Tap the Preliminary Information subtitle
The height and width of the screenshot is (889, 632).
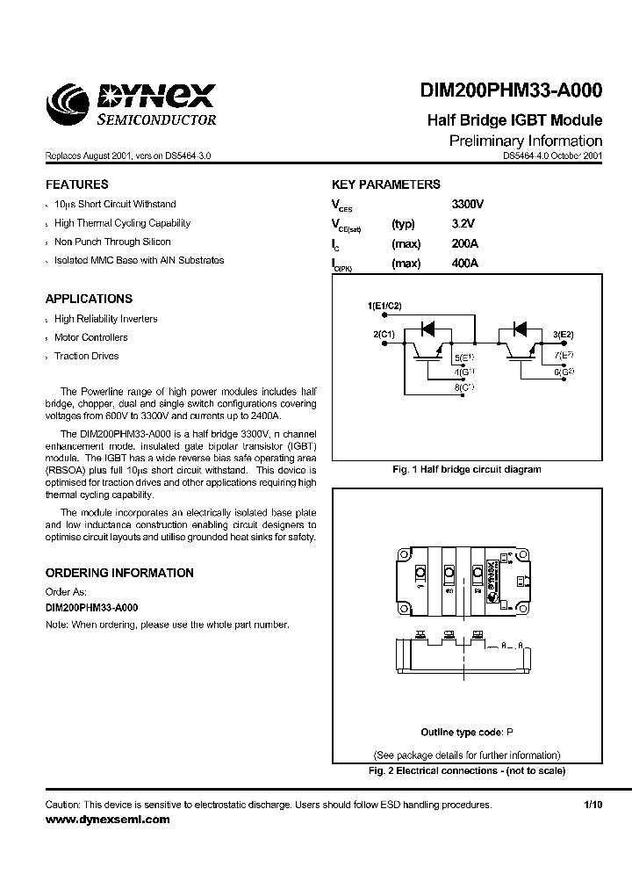[x=525, y=141]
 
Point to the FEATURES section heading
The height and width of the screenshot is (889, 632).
[x=77, y=184]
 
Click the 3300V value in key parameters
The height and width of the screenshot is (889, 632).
[x=468, y=204]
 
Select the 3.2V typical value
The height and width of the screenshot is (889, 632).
[x=462, y=224]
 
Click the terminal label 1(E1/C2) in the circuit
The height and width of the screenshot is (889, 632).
[x=384, y=305]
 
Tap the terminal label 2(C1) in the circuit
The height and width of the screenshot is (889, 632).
[x=384, y=335]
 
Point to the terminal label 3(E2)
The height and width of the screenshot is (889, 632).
[x=563, y=335]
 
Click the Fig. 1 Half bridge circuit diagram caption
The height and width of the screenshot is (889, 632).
[x=466, y=469]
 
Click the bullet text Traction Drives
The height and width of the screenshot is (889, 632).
[x=86, y=356]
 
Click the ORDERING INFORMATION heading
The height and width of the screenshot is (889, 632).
[x=119, y=573]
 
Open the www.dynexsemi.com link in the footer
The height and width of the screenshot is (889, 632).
[x=107, y=819]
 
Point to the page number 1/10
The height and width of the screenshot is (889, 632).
[x=593, y=805]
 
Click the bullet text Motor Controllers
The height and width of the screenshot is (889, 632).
[x=90, y=337]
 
